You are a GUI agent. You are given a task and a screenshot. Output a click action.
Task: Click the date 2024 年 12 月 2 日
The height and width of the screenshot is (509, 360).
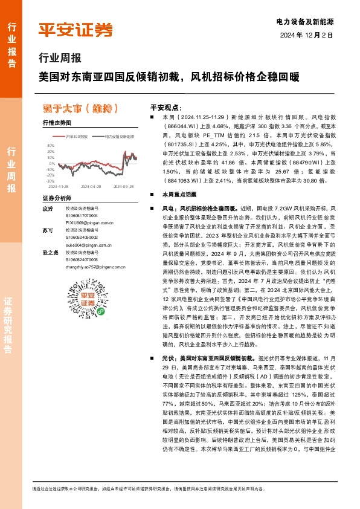click(307, 35)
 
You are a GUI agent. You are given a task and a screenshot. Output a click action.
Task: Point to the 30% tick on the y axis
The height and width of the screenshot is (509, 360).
click(50, 146)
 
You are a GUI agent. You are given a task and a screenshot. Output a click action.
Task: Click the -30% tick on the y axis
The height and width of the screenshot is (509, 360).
click(50, 181)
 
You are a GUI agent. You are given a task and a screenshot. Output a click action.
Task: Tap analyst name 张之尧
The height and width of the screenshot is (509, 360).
click(50, 252)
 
